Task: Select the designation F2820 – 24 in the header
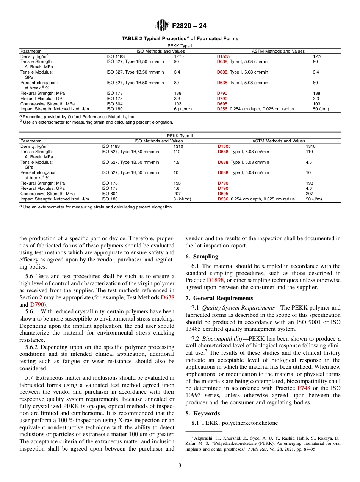click(189, 26)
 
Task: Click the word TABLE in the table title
click(129, 39)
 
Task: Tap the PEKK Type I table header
click(180, 46)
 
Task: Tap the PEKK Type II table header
click(180, 136)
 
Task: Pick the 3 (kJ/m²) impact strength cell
click(182, 199)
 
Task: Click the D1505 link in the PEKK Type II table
click(224, 146)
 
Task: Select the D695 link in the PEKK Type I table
click(222, 104)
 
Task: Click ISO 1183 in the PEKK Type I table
click(116, 56)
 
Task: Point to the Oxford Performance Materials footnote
click(78, 117)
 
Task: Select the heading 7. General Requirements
click(219, 298)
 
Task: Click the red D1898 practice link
click(214, 280)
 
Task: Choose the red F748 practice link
click(304, 388)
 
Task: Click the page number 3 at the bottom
click(180, 466)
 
